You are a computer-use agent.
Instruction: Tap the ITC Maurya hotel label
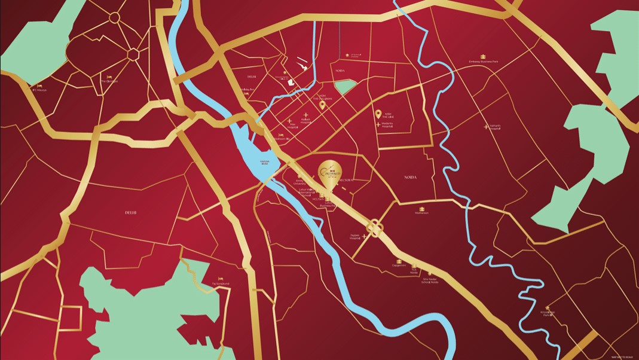pos(40,90)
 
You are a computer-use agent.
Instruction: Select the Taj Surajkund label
pos(221,283)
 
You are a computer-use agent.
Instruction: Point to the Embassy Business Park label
pos(483,62)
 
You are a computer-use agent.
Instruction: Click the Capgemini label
pos(399,265)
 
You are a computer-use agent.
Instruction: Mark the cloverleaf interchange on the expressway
pos(375,228)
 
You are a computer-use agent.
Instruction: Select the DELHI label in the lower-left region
pos(131,212)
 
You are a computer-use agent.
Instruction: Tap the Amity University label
pos(299,181)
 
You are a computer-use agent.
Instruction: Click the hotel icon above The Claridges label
pos(109,77)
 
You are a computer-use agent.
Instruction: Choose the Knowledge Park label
pos(548,317)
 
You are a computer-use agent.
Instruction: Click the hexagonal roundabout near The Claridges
pos(133,54)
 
